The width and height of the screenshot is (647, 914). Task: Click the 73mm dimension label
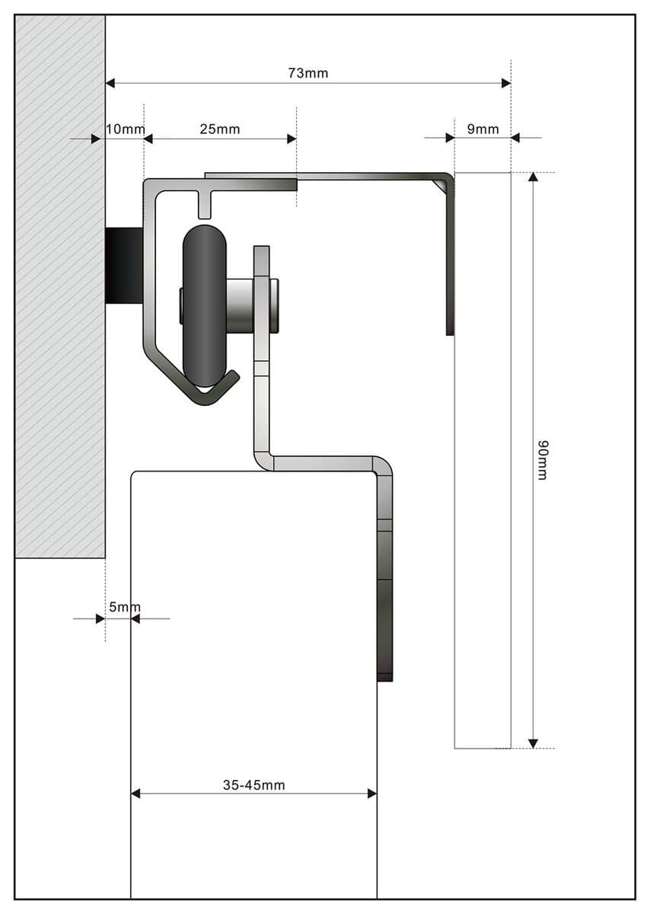pos(308,73)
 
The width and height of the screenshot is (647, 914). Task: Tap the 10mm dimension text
pos(125,129)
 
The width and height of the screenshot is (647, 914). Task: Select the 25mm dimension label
pos(220,129)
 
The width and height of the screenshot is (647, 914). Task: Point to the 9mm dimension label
pos(483,129)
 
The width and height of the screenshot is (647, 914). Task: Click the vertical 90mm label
pos(543,460)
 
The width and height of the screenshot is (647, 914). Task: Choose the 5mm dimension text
pos(124,607)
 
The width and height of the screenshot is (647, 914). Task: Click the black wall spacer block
pos(124,266)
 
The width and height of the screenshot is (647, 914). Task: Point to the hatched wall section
pos(60,286)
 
